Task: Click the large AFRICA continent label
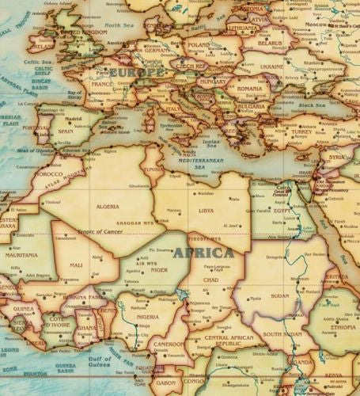[203, 253]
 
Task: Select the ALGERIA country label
[107, 206]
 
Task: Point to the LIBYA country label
[206, 211]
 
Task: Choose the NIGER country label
[159, 268]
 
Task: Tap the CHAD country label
[210, 280]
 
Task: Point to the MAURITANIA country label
[21, 255]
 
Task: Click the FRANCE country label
[101, 83]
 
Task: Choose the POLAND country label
[199, 45]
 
